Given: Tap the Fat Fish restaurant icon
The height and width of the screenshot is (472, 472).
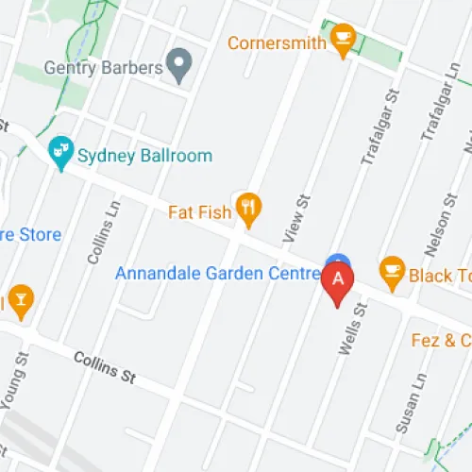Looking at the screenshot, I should [248, 211].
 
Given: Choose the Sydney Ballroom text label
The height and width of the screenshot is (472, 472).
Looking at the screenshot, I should [145, 156].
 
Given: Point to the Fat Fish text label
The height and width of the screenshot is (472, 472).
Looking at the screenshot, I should [199, 211].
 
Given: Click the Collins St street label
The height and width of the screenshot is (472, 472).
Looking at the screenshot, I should [104, 366].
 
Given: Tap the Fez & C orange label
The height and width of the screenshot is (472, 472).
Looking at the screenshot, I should [441, 340].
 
